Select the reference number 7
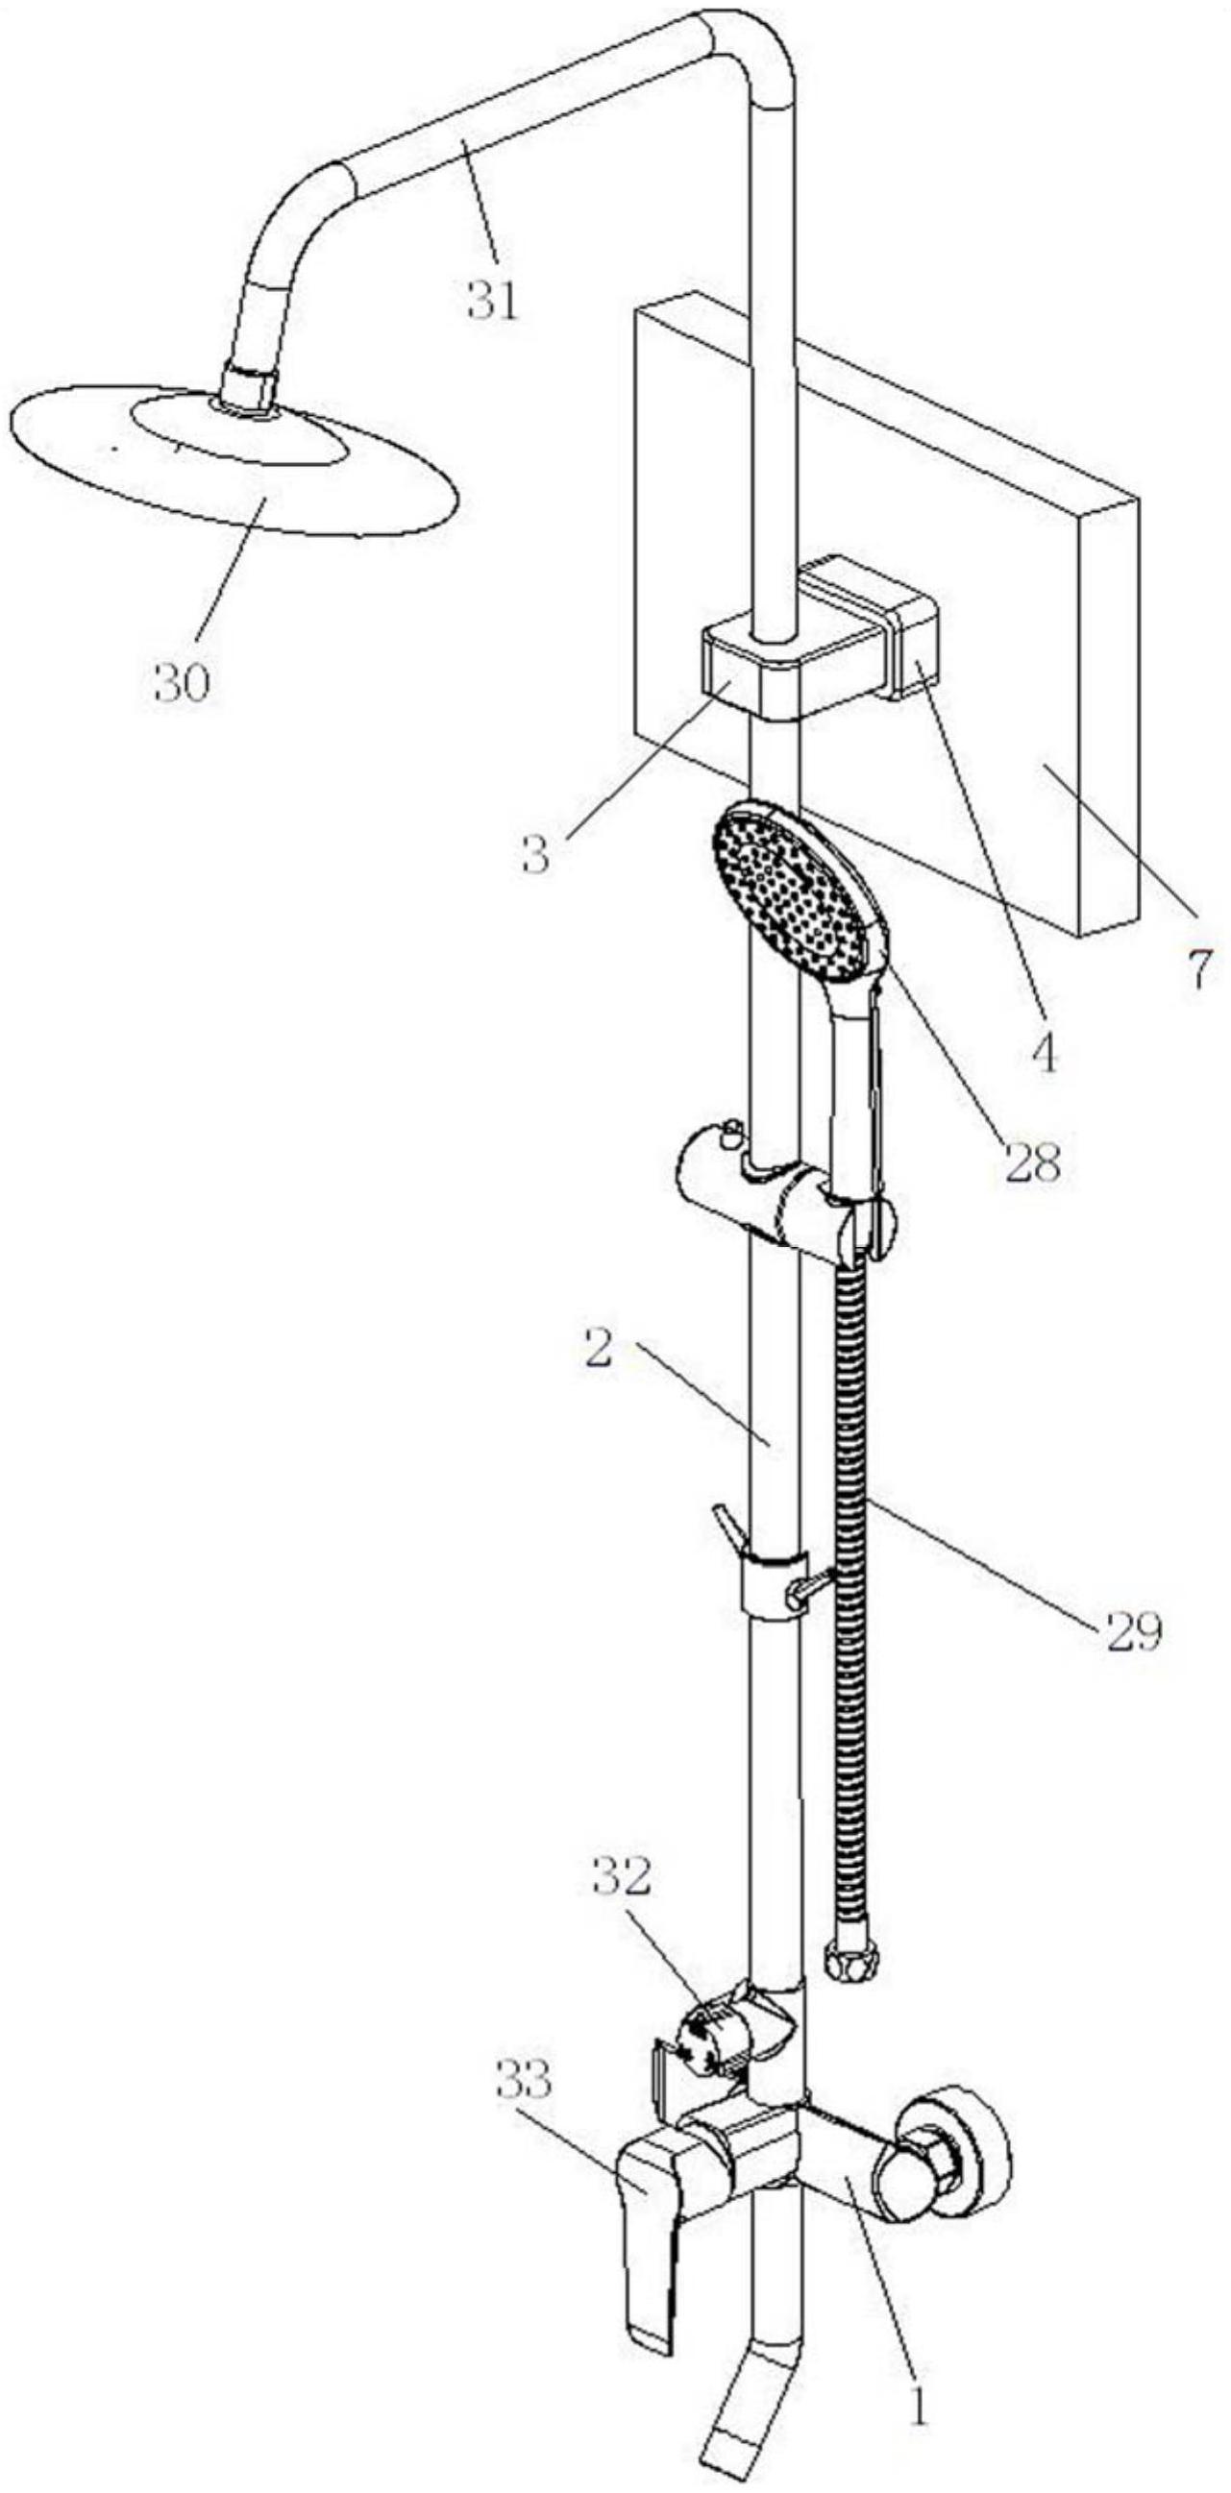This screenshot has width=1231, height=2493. [1199, 966]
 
